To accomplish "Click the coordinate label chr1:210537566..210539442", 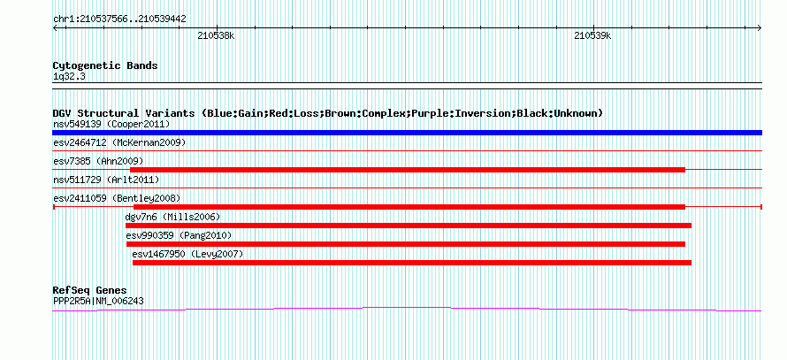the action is tap(120, 19).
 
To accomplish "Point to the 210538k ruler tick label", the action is tap(216, 35).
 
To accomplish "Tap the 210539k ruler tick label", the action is tap(592, 35).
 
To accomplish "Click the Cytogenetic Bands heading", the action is tap(105, 65).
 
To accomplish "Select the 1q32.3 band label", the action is tap(65, 76).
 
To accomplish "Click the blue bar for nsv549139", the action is tap(407, 133).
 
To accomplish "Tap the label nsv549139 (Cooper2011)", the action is tap(111, 124).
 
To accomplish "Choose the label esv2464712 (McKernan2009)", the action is tap(119, 142).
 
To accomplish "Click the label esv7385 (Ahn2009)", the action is tap(98, 161).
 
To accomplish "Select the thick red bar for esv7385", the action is tap(408, 170).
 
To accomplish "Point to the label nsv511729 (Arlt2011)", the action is tap(106, 180).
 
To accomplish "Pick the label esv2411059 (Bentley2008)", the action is tap(117, 198).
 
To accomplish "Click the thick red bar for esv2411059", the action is tap(409, 207).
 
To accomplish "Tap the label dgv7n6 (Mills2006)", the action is tap(172, 217).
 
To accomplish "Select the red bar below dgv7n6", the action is tap(408, 226).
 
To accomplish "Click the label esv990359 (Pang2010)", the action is tap(180, 235).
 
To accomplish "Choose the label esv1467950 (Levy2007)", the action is tap(187, 254).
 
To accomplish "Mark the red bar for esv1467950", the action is tap(411, 263).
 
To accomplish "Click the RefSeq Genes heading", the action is tap(90, 291).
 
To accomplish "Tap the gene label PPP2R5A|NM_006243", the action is tap(98, 302).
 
